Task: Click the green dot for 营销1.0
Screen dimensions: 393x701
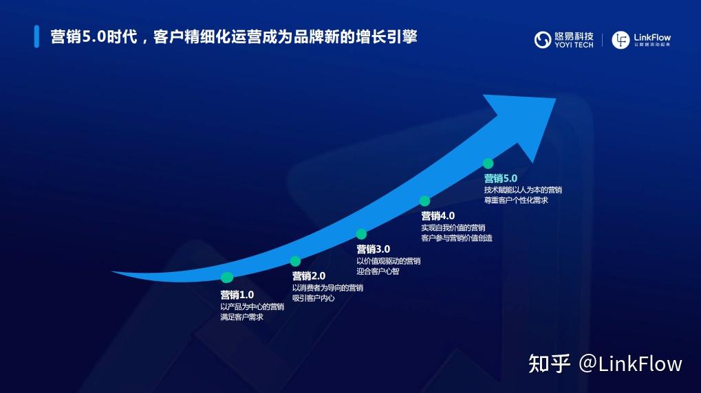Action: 227,278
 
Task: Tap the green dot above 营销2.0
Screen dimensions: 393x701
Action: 295,261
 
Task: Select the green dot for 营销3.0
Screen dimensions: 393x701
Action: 361,234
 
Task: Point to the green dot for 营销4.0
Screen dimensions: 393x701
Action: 424,201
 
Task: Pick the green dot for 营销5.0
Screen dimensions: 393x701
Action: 488,164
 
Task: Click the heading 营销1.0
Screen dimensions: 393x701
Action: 237,294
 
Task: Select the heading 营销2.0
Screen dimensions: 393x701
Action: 308,276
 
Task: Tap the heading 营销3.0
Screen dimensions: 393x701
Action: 373,249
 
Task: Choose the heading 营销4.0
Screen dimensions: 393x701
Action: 438,216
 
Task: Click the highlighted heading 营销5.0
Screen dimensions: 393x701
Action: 500,178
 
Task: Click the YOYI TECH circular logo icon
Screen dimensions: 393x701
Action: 543,40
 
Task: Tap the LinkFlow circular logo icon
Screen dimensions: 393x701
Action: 621,40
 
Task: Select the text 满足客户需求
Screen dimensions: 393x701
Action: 241,317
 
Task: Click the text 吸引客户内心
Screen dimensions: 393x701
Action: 313,298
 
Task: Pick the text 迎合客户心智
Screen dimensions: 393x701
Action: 378,271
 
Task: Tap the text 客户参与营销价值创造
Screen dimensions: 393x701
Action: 456,238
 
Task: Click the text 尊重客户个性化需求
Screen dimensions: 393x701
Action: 515,200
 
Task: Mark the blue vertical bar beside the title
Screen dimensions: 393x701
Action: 36,37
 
